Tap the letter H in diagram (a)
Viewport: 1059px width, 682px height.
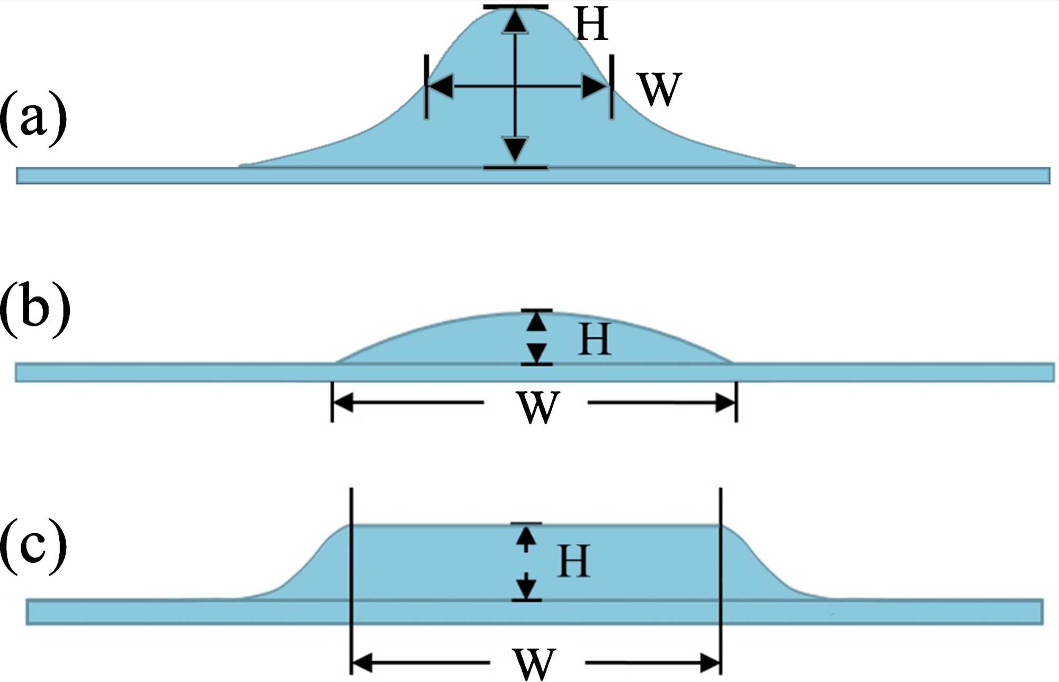tap(591, 24)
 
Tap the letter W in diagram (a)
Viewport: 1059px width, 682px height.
tap(660, 89)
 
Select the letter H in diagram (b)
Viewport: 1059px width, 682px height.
tap(595, 339)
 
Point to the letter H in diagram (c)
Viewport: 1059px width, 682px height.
tap(573, 561)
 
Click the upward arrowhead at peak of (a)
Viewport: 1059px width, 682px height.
tap(515, 21)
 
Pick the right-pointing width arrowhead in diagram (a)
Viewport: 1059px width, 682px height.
tap(595, 86)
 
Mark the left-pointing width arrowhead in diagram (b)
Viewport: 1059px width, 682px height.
tap(343, 402)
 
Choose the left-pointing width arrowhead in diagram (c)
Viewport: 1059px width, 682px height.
tap(362, 662)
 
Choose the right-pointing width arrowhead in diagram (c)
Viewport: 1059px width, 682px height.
tap(710, 662)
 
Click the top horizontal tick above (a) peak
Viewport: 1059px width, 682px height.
tap(515, 7)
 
